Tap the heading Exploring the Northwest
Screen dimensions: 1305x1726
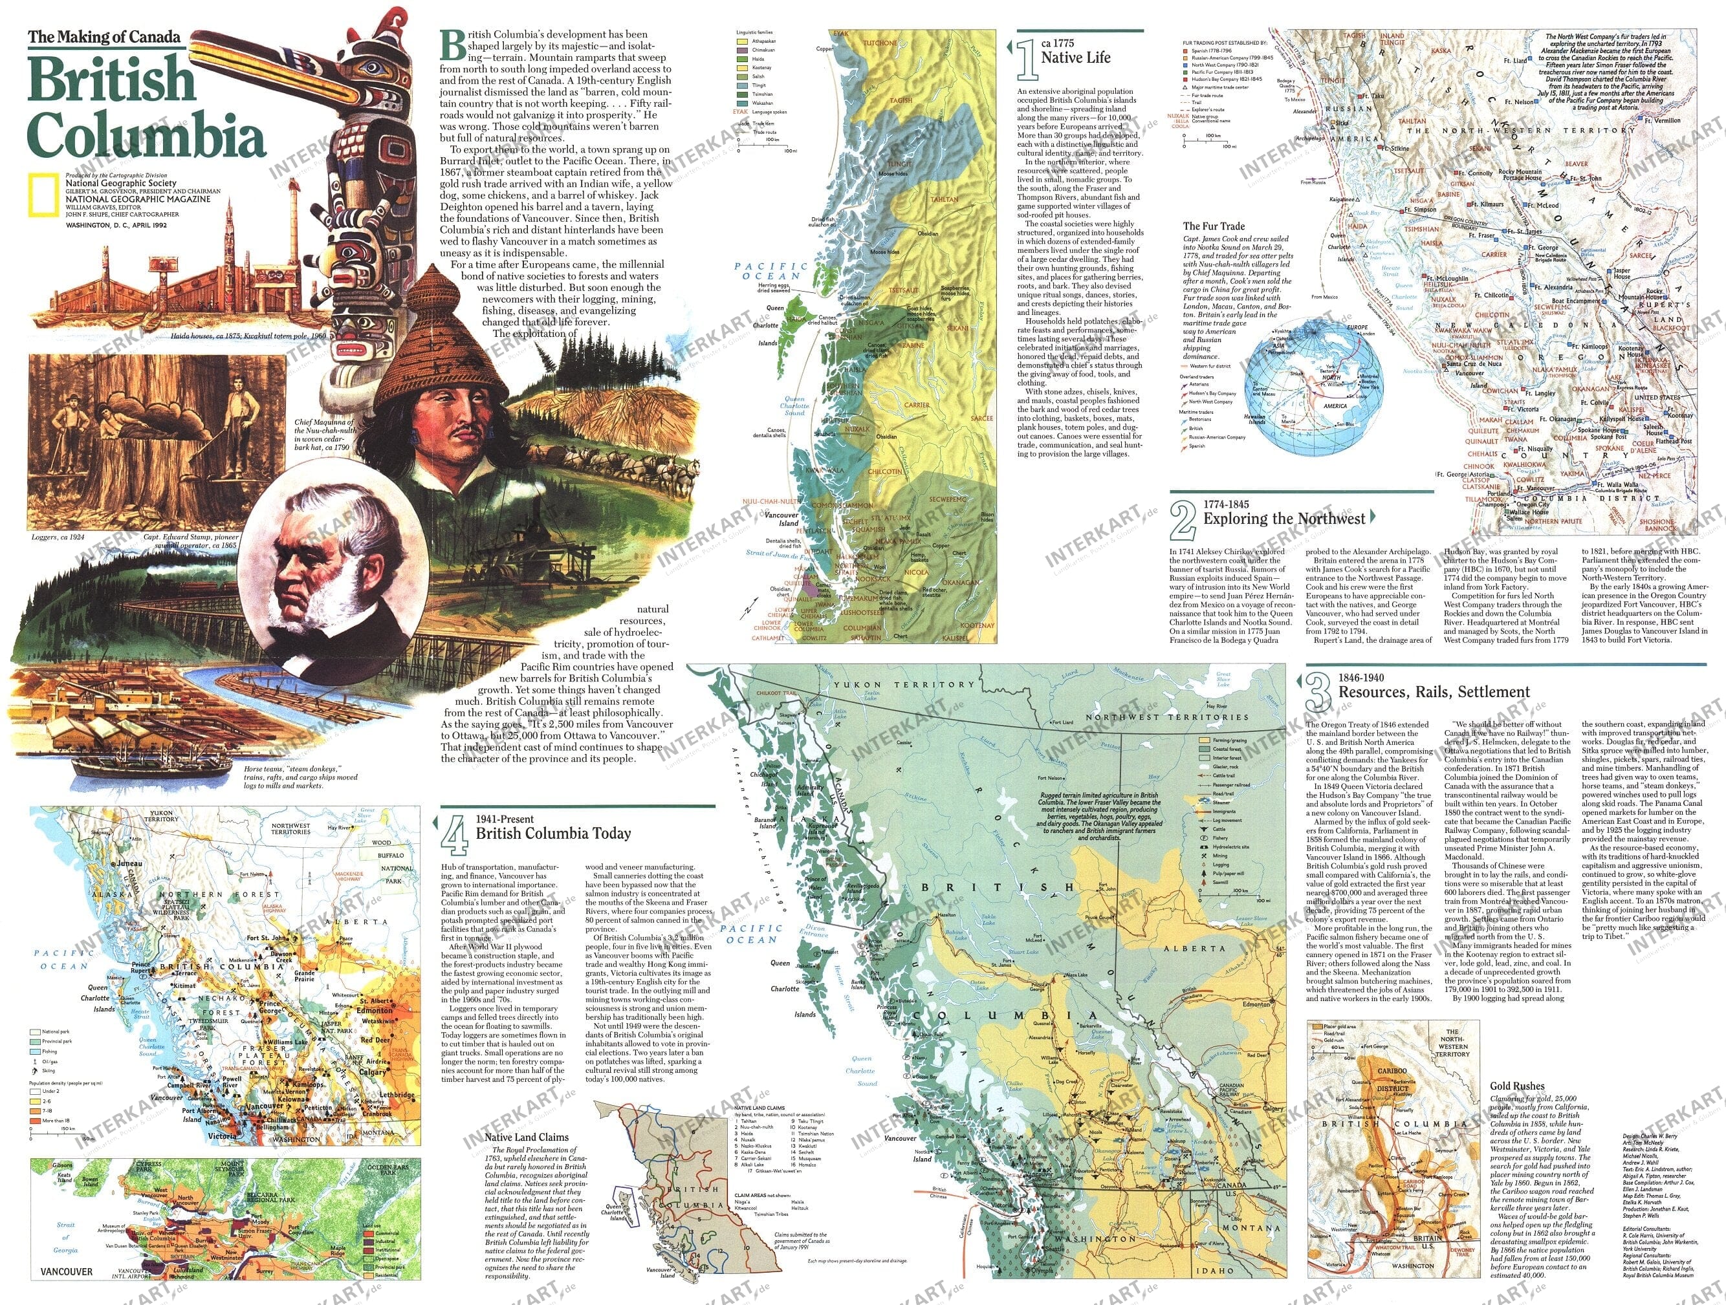(1284, 519)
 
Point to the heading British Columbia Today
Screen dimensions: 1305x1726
(552, 833)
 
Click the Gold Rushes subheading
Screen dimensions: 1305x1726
(1516, 1086)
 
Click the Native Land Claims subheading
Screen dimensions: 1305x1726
(526, 1138)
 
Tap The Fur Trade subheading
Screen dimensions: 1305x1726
(1214, 226)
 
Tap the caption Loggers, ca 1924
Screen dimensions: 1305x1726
(58, 537)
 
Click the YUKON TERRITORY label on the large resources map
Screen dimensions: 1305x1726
(904, 684)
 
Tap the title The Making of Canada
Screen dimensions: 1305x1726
(104, 37)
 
